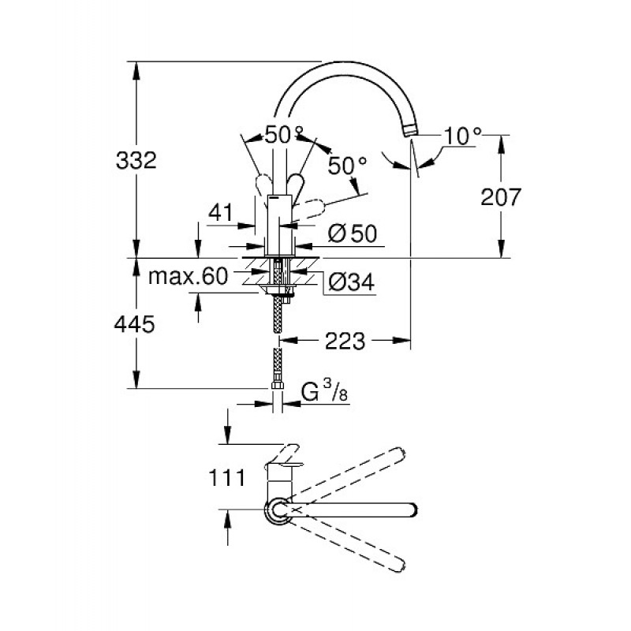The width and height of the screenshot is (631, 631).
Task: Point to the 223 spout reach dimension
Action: tap(345, 341)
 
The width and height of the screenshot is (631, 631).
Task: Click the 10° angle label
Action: tap(461, 136)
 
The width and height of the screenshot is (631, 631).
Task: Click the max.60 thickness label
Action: tap(189, 276)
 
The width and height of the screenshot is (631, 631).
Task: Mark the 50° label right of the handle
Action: tap(348, 166)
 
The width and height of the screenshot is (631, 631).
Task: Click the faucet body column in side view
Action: tap(277, 225)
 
